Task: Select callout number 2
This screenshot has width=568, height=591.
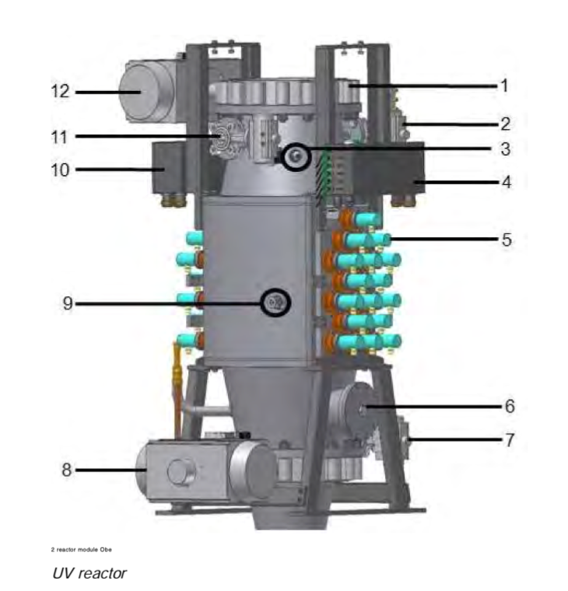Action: click(x=504, y=123)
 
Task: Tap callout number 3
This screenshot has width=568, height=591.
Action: click(x=504, y=148)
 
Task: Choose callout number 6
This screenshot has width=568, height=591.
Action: click(x=509, y=405)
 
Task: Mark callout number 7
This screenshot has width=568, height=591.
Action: click(x=509, y=439)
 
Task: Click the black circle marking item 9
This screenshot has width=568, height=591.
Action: click(x=275, y=302)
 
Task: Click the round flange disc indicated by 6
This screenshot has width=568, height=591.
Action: click(x=357, y=405)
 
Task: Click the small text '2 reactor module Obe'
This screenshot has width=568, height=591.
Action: click(x=81, y=550)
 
